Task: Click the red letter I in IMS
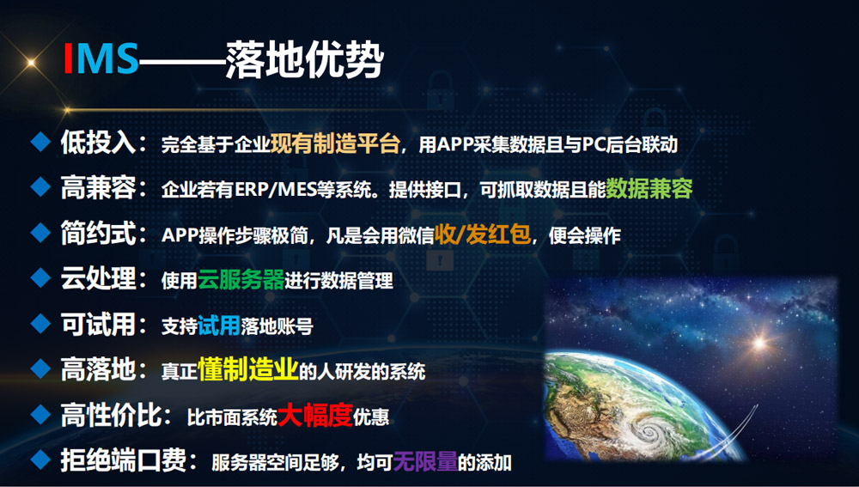pos(69,58)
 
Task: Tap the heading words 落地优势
pos(304,58)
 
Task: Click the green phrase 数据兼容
pos(649,188)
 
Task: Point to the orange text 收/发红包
pos(483,234)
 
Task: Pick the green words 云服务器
pos(241,279)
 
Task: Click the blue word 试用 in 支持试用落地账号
pos(219,325)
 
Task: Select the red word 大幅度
pos(315,415)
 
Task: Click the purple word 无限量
pos(426,461)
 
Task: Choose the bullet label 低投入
pos(98,143)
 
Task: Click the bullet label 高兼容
pos(98,188)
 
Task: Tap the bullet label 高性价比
pos(111,415)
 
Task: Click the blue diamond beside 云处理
pos(40,278)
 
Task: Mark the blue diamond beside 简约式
pos(40,233)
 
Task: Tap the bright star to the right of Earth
pos(759,343)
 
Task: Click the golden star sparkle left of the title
pos(31,64)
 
